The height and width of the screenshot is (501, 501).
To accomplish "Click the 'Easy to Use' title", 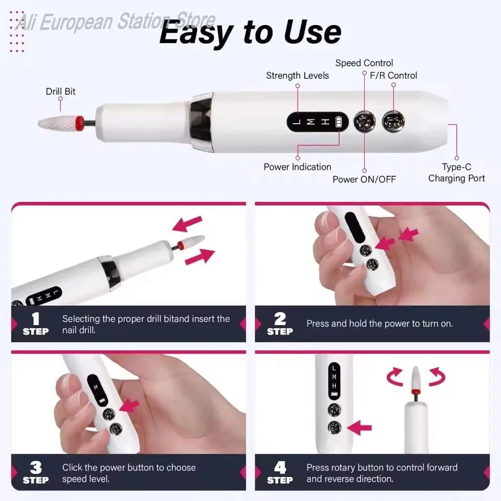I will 250,32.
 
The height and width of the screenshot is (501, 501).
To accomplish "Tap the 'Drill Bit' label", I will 61,91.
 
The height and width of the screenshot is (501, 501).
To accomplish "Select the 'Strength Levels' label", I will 297,76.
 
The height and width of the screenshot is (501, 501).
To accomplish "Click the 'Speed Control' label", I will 364,63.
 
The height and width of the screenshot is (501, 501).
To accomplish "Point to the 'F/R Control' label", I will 393,76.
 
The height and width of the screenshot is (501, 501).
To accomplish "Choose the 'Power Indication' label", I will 297,167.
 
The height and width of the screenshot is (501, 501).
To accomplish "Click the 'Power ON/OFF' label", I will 364,180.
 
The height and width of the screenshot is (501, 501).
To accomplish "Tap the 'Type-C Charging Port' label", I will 457,173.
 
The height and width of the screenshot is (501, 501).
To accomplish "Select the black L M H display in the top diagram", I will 317,123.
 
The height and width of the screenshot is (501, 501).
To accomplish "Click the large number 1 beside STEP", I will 35,319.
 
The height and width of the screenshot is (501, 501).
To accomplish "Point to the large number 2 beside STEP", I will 280,319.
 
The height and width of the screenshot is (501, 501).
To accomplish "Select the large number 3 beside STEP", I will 35,468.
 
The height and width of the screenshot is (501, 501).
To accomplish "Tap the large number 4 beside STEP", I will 280,468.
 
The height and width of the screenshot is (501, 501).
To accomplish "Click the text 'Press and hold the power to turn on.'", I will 379,324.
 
